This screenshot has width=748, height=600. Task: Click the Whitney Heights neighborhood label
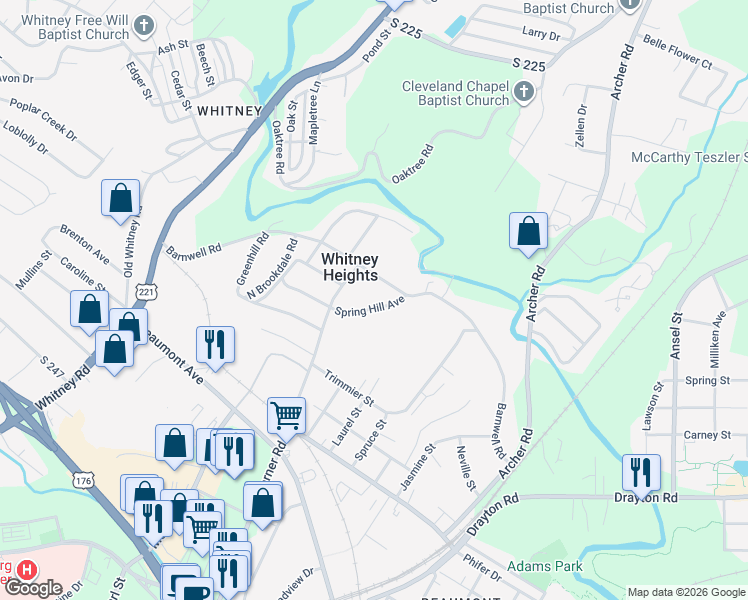coord(350,267)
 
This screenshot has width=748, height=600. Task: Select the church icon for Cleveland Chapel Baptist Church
coord(522,94)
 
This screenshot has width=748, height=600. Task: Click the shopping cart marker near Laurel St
coord(286,413)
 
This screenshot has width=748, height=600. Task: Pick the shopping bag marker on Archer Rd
coord(528,230)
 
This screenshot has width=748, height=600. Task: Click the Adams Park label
coord(544,566)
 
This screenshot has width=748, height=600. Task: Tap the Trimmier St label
coord(349,388)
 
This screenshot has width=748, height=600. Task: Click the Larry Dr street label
coord(541,34)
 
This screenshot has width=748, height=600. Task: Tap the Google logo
coord(32,588)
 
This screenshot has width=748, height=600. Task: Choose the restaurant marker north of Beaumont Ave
coord(215,343)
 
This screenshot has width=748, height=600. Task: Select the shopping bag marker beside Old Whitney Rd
coord(120,198)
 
